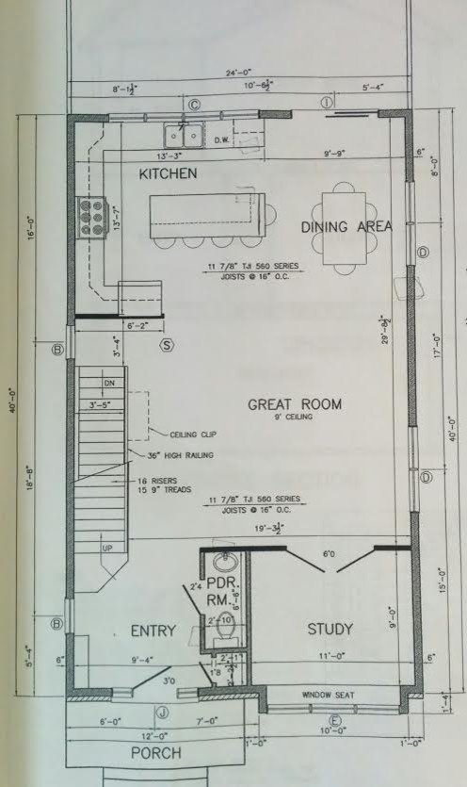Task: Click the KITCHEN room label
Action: [x=168, y=174]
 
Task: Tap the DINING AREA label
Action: [x=346, y=227]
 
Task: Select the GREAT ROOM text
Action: [x=294, y=404]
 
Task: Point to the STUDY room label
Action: [x=330, y=629]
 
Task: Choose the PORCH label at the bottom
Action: [x=155, y=754]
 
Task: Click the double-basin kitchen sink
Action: [x=183, y=135]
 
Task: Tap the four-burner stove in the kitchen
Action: [x=91, y=217]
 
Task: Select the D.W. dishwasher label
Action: [x=222, y=140]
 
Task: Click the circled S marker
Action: [x=168, y=345]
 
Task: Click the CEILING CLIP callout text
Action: [x=193, y=434]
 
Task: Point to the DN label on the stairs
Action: [x=108, y=384]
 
